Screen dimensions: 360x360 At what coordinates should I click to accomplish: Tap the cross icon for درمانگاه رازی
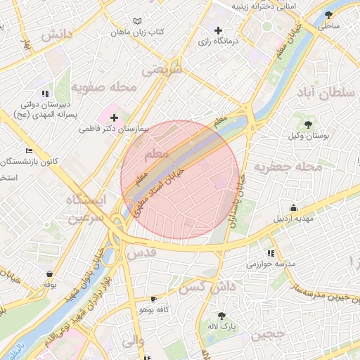(x=218, y=30)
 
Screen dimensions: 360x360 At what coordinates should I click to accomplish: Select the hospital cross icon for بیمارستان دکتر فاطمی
(x=114, y=117)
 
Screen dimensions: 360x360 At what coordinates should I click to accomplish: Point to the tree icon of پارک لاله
(x=221, y=316)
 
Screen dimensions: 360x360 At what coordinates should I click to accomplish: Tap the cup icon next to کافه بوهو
(x=153, y=300)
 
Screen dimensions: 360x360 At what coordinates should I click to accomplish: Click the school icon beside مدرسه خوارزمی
(x=270, y=253)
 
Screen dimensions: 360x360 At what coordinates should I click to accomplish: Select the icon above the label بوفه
(x=49, y=274)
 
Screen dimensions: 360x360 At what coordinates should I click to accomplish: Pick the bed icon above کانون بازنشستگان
(x=28, y=150)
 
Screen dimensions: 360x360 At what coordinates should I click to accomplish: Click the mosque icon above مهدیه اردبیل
(x=293, y=207)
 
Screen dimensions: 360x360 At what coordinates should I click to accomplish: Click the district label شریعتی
(x=162, y=70)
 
